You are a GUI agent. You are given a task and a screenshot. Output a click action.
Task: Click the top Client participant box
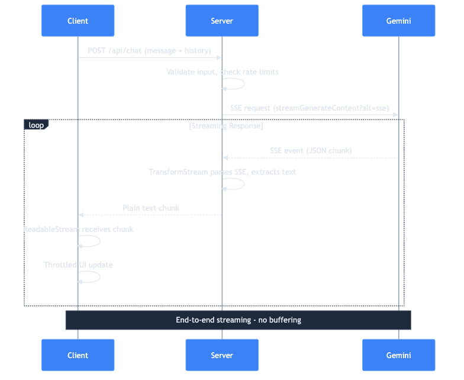pos(78,21)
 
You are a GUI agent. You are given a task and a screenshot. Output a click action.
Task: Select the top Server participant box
pos(222,21)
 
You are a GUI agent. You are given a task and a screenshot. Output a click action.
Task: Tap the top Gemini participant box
pos(398,21)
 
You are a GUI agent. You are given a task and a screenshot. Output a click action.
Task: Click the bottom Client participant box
pos(78,355)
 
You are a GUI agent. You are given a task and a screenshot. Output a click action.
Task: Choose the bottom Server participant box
pos(222,355)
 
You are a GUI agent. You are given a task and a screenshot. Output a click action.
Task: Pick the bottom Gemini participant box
pos(398,355)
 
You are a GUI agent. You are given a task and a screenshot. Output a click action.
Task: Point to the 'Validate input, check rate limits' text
pos(223,72)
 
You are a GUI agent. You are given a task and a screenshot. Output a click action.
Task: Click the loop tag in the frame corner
pos(36,125)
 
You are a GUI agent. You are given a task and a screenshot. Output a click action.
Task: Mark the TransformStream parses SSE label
pos(223,172)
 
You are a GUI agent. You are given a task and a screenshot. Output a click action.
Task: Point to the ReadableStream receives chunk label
pos(78,229)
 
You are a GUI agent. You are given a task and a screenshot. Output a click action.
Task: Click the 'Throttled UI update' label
pos(78,265)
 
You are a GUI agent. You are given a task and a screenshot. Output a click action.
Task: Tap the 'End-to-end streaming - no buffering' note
pos(238,320)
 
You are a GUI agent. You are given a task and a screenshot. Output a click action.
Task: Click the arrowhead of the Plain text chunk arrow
pos(81,214)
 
